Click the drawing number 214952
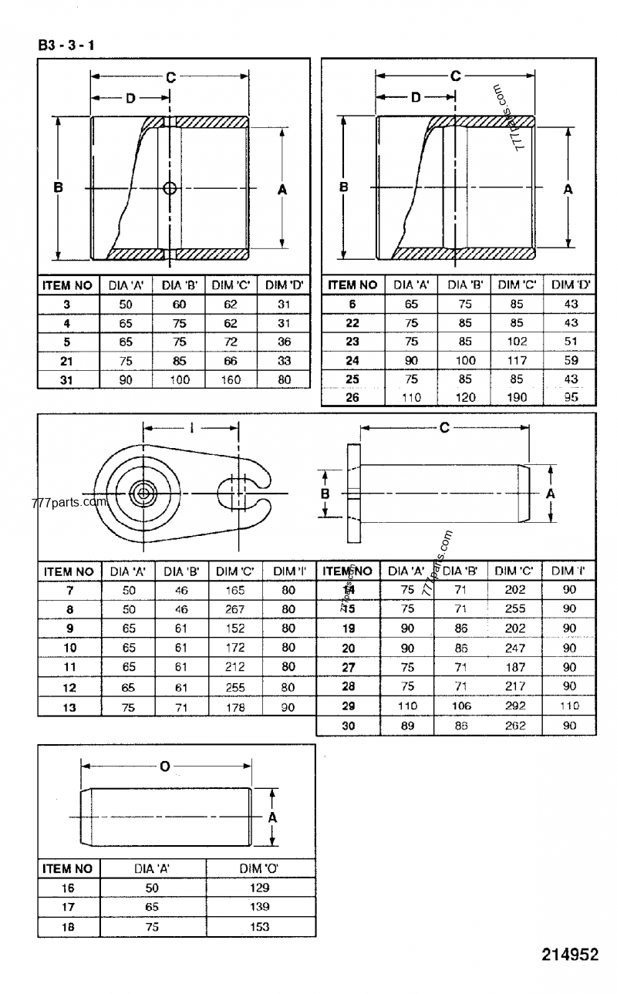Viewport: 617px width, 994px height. tap(569, 954)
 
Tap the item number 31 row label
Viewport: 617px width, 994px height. tap(66, 379)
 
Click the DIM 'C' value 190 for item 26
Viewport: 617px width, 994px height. tap(516, 398)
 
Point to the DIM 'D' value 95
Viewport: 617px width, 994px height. tap(571, 398)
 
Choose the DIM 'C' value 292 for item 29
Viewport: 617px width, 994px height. tap(515, 706)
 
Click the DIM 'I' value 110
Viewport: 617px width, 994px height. tap(569, 706)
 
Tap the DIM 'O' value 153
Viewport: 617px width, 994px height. tap(259, 927)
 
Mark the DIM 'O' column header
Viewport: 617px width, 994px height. tap(259, 868)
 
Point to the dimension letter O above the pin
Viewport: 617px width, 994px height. tap(164, 766)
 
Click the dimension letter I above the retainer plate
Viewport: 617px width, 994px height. tap(191, 427)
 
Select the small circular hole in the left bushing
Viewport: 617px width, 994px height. tap(170, 188)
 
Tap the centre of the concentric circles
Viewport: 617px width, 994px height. tap(143, 493)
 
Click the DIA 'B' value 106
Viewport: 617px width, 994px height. tap(461, 706)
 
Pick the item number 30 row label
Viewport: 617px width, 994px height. tap(348, 725)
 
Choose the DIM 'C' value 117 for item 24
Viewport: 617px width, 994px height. tap(516, 360)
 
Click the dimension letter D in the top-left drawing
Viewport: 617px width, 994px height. tap(130, 98)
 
